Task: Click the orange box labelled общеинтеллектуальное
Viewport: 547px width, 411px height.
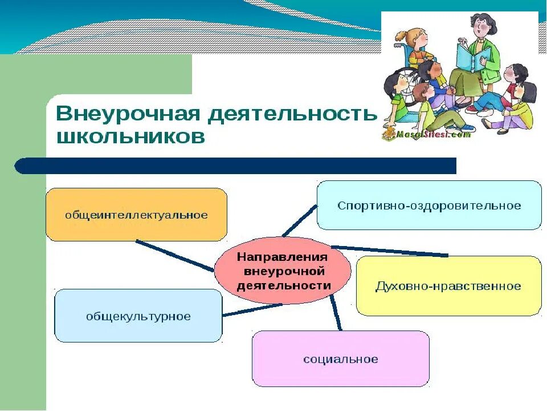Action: tap(136, 215)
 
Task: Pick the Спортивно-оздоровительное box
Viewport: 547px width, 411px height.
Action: tap(428, 205)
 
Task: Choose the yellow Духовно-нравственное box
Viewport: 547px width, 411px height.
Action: tap(448, 285)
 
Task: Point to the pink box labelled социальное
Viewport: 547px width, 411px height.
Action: tap(340, 359)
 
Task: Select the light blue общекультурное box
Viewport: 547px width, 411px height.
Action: tap(138, 316)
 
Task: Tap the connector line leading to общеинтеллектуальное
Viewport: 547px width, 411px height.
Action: tap(174, 255)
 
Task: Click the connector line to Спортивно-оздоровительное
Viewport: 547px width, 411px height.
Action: tap(300, 220)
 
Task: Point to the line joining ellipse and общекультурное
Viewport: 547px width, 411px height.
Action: tap(251, 309)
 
